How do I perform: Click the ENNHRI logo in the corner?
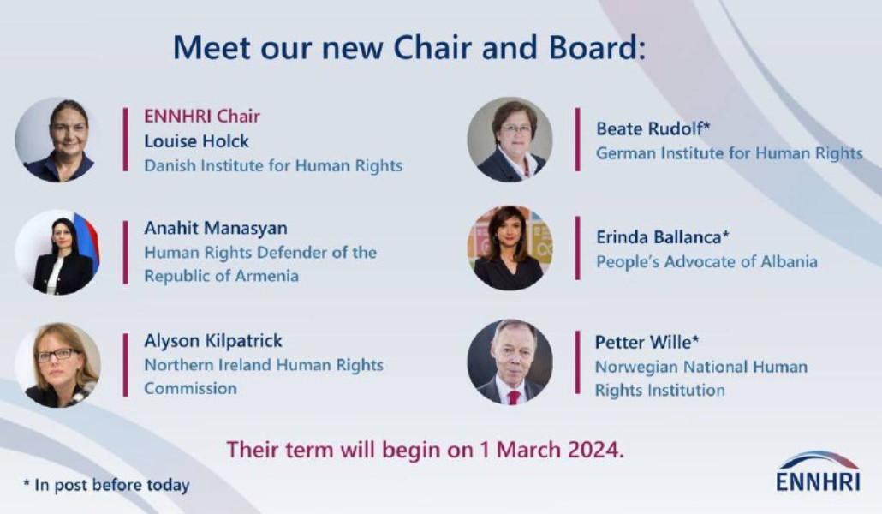(819, 472)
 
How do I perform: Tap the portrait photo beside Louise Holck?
(58, 140)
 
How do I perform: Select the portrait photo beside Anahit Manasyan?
(58, 252)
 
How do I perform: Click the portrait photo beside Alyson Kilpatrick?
(58, 365)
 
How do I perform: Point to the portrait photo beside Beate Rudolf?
(510, 140)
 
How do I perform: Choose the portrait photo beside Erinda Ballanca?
(510, 248)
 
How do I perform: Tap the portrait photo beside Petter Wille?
(510, 362)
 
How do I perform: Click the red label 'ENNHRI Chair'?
(202, 116)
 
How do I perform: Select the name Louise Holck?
(196, 140)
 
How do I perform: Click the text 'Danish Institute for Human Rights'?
(273, 165)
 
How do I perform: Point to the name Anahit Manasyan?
(216, 228)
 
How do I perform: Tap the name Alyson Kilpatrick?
(213, 341)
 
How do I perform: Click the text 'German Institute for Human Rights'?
(730, 153)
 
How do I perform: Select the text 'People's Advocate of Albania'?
(706, 262)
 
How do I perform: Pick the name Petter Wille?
(647, 342)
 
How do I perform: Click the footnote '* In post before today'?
(106, 485)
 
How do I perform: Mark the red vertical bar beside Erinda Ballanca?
(578, 248)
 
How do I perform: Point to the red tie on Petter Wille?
(514, 397)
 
